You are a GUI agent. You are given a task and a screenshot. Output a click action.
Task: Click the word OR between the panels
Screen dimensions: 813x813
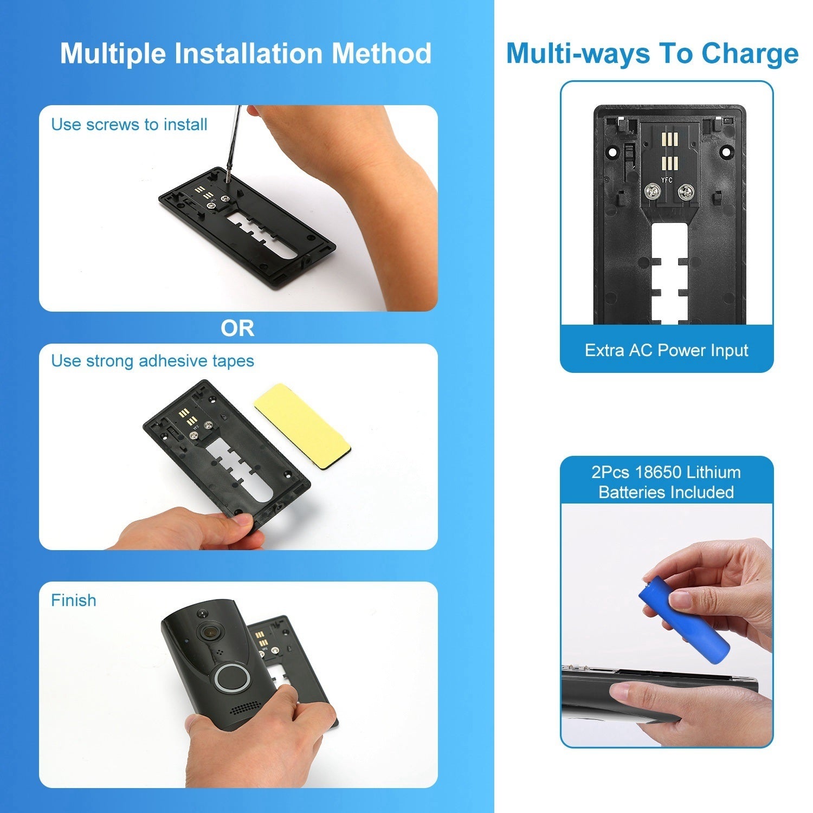point(237,328)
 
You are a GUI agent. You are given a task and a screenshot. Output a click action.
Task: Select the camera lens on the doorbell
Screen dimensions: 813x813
point(211,630)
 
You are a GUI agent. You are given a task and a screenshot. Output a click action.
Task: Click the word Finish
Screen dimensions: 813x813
point(74,600)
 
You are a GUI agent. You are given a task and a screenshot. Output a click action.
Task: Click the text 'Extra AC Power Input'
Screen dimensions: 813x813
point(666,350)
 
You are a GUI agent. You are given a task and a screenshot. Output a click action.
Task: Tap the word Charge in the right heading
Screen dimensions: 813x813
point(750,54)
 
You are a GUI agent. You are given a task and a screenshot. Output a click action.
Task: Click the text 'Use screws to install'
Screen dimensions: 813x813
point(129,125)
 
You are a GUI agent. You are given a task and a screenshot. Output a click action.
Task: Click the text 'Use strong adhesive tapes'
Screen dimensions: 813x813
point(152,361)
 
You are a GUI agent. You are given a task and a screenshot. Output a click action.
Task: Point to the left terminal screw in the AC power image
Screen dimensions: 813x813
point(651,191)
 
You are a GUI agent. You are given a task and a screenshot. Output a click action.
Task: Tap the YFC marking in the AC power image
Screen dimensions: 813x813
point(667,179)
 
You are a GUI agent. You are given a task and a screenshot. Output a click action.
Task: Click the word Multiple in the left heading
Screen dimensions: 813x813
point(113,53)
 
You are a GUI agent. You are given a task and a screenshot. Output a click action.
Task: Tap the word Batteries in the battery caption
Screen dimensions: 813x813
point(632,492)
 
